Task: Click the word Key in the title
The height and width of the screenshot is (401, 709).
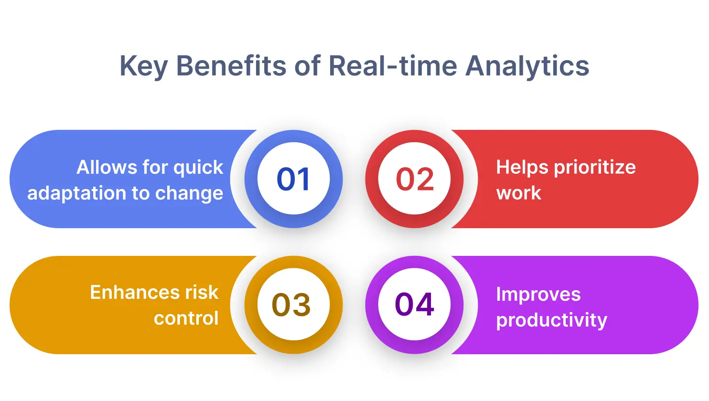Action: click(x=143, y=66)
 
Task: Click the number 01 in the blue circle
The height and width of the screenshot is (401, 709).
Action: click(x=293, y=179)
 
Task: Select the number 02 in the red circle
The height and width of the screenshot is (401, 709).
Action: click(x=415, y=179)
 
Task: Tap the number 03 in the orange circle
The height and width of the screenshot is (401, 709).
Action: click(x=291, y=305)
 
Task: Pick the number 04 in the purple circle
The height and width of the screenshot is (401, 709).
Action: click(x=415, y=305)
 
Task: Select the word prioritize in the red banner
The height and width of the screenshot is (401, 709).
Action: click(x=594, y=168)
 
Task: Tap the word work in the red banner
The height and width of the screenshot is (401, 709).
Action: click(x=518, y=193)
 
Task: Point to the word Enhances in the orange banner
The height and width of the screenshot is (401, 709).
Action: click(x=130, y=293)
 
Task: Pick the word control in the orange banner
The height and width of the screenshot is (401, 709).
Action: click(x=186, y=318)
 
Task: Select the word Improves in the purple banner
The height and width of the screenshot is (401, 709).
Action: click(x=538, y=295)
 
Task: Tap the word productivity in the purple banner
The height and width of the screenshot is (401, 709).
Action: click(x=551, y=320)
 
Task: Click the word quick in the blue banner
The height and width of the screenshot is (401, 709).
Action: click(x=198, y=168)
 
